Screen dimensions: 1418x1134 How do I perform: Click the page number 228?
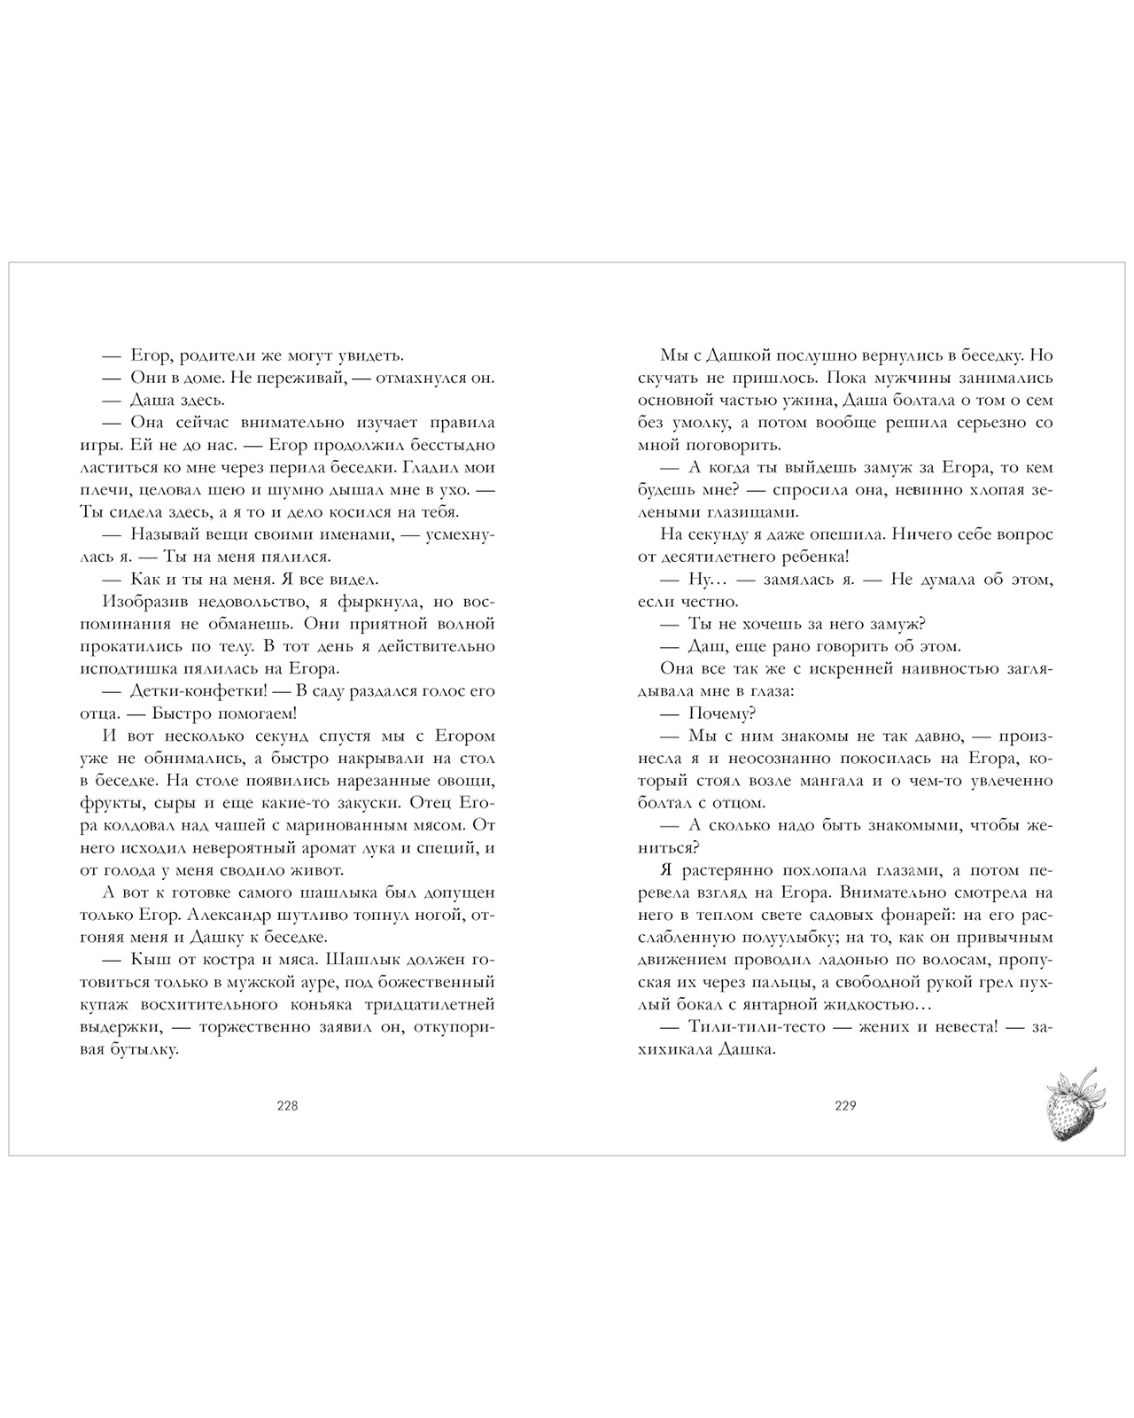287,1105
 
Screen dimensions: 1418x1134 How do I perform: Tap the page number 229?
844,1105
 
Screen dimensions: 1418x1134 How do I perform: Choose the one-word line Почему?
721,713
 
